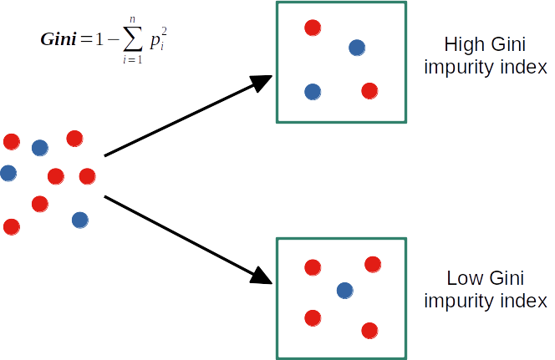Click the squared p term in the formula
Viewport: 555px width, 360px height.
pyautogui.click(x=158, y=39)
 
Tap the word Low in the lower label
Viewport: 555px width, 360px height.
pyautogui.click(x=461, y=278)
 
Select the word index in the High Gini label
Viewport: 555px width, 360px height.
pyautogui.click(x=520, y=68)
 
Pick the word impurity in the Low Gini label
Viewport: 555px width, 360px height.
pyautogui.click(x=455, y=301)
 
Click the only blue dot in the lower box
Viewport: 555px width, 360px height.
pyautogui.click(x=344, y=290)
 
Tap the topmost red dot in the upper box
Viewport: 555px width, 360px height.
pyautogui.click(x=313, y=28)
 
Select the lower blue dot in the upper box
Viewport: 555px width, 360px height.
pyautogui.click(x=313, y=91)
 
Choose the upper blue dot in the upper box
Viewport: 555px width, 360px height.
pyautogui.click(x=357, y=48)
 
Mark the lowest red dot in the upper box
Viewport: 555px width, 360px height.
pyautogui.click(x=369, y=90)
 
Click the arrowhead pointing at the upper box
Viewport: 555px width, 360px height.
pyautogui.click(x=264, y=82)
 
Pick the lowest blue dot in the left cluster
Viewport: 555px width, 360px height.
pyautogui.click(x=80, y=220)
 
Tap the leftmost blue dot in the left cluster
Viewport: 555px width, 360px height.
pyautogui.click(x=8, y=173)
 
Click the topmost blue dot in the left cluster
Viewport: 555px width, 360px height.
pyautogui.click(x=39, y=148)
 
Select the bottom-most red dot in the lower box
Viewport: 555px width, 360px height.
pyautogui.click(x=369, y=329)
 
